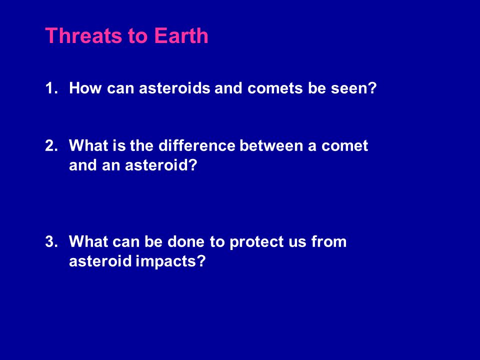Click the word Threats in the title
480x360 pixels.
tap(84, 36)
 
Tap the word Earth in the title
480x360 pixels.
tap(181, 36)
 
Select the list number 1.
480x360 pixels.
tap(51, 88)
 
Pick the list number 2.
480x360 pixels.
tap(51, 145)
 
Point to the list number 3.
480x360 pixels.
tap(51, 241)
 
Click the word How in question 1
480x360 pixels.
tap(85, 88)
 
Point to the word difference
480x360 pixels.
tap(197, 145)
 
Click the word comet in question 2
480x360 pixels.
tap(344, 146)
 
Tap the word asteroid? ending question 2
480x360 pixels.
tap(161, 165)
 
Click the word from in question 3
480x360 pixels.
tap(329, 241)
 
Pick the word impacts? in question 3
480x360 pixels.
tap(170, 261)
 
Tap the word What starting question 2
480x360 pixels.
tap(88, 145)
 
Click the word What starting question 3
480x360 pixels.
tap(88, 241)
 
